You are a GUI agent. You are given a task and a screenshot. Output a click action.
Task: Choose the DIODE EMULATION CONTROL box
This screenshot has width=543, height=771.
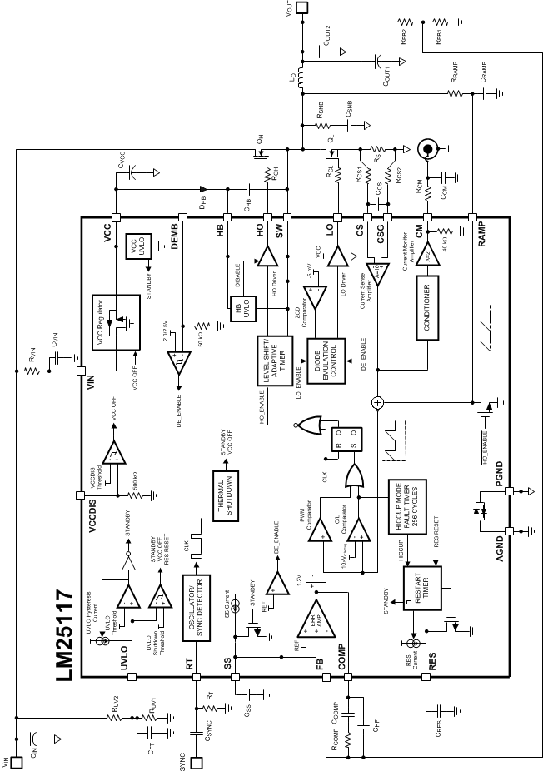pos(329,361)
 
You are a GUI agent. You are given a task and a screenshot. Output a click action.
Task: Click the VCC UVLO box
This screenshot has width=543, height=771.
pos(135,248)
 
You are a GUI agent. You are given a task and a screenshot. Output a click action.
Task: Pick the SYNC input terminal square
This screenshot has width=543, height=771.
pos(197,761)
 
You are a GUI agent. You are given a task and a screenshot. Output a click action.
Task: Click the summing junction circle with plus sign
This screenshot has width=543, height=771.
pos(376,403)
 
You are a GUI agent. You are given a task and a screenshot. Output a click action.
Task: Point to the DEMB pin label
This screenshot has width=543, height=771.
pos(176,236)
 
